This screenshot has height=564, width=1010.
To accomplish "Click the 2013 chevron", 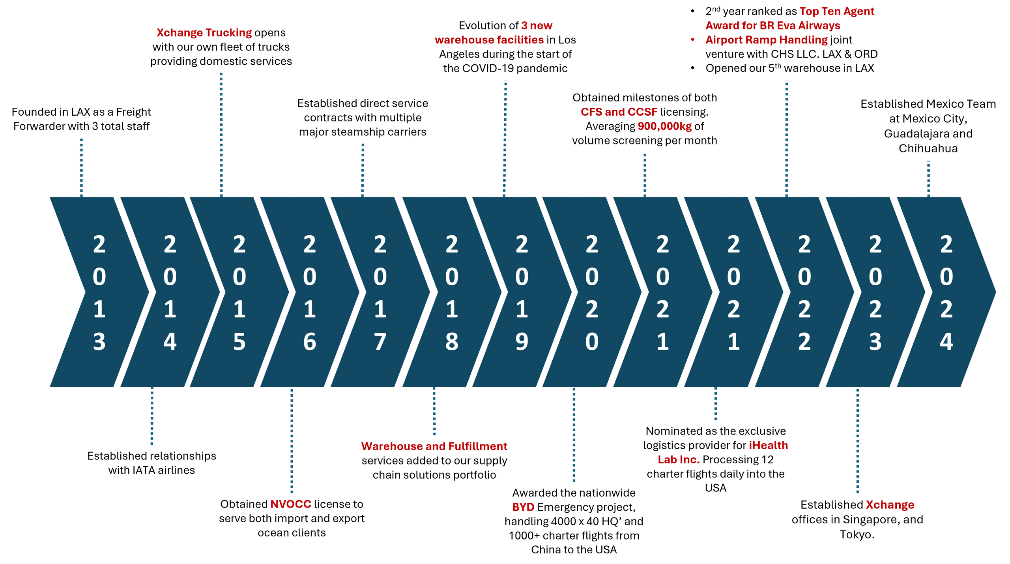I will pyautogui.click(x=99, y=292).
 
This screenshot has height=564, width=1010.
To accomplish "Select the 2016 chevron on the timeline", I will pyautogui.click(x=310, y=292).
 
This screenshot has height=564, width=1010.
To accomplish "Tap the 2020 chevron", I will pyautogui.click(x=591, y=292).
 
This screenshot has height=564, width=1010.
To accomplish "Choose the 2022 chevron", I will pyautogui.click(x=804, y=292).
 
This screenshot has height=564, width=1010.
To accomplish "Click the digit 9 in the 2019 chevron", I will pyautogui.click(x=522, y=341).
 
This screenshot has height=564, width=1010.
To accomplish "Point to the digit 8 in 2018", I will pyautogui.click(x=451, y=341).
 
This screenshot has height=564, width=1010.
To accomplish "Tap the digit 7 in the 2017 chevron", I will pyautogui.click(x=380, y=341).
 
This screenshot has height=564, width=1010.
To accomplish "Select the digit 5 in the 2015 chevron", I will pyautogui.click(x=239, y=341).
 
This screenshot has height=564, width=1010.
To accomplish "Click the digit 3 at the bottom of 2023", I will pyautogui.click(x=875, y=341).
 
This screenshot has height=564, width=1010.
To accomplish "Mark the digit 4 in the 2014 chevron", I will pyautogui.click(x=170, y=341).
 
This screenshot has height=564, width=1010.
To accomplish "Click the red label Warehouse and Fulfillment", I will pyautogui.click(x=434, y=446).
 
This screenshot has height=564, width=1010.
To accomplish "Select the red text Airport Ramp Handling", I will pyautogui.click(x=766, y=40).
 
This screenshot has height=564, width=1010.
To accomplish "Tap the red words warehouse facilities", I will pyautogui.click(x=489, y=40).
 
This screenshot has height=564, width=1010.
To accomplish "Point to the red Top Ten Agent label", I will pyautogui.click(x=836, y=12).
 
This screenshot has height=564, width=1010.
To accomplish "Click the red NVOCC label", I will pyautogui.click(x=290, y=505).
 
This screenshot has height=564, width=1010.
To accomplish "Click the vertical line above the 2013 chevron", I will pyautogui.click(x=82, y=166).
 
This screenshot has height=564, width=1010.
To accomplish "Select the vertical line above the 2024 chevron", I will pyautogui.click(x=928, y=177).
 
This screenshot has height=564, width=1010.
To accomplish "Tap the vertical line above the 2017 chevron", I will pyautogui.click(x=363, y=169).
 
